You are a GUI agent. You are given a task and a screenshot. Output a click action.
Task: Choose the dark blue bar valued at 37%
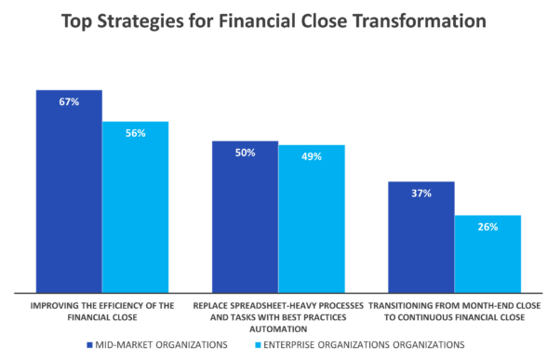point(421,236)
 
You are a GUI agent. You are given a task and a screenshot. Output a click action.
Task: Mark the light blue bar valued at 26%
point(488,253)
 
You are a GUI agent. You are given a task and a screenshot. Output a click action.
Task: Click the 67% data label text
point(69,101)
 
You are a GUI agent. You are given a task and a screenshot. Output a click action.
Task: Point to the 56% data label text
point(136,133)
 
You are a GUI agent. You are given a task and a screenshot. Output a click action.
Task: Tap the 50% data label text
point(245,153)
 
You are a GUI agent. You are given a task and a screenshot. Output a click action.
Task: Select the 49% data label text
point(312,156)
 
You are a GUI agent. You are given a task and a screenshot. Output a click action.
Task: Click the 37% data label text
point(421,193)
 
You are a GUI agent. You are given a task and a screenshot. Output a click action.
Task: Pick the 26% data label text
point(488,226)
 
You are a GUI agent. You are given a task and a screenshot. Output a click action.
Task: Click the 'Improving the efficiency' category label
point(101,310)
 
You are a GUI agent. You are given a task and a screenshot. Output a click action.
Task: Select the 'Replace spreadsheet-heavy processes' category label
point(278,315)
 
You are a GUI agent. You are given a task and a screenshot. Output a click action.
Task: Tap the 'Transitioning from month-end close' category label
point(455,310)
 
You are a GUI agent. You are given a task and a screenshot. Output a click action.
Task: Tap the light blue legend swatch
point(257,345)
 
